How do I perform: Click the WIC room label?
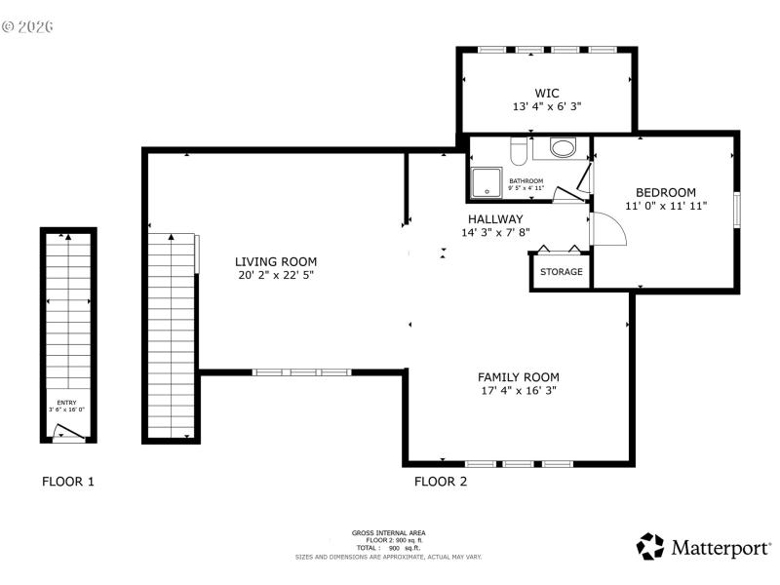click(547, 93)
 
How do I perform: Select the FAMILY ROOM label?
click(518, 376)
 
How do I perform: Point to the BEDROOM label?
click(666, 192)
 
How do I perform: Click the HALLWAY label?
click(495, 219)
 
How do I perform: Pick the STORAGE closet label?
click(562, 272)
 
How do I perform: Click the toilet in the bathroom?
click(520, 151)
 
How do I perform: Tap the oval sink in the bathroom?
click(564, 149)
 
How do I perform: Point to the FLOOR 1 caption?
click(68, 481)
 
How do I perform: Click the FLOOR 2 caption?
click(441, 481)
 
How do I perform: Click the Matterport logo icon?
click(650, 547)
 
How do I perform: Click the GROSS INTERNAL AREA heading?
click(388, 532)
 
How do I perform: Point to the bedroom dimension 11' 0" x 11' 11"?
click(666, 206)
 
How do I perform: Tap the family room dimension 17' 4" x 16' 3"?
click(518, 390)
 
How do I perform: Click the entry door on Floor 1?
click(71, 431)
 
